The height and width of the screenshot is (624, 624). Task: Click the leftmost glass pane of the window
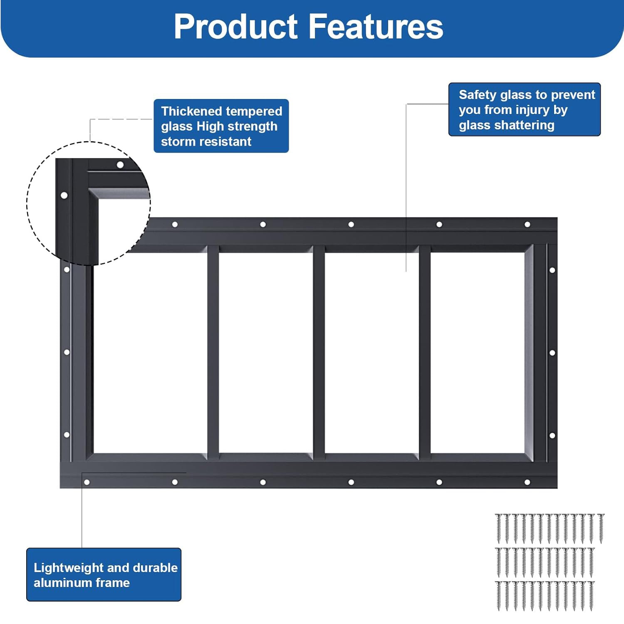[x=150, y=353]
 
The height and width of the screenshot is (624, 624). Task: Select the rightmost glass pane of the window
[x=478, y=353]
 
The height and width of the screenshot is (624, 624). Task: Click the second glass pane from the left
[x=266, y=353]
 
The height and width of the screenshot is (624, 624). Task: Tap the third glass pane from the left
[x=372, y=353]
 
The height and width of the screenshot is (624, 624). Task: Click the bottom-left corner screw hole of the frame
[x=87, y=482]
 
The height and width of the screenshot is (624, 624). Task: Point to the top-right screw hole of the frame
[x=527, y=225]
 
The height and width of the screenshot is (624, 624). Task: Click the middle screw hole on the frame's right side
[x=552, y=353]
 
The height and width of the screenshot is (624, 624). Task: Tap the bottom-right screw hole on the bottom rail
[x=527, y=482]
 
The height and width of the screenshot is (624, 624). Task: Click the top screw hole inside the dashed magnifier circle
[x=120, y=165]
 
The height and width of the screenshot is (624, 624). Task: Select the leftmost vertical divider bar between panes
[x=213, y=353]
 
